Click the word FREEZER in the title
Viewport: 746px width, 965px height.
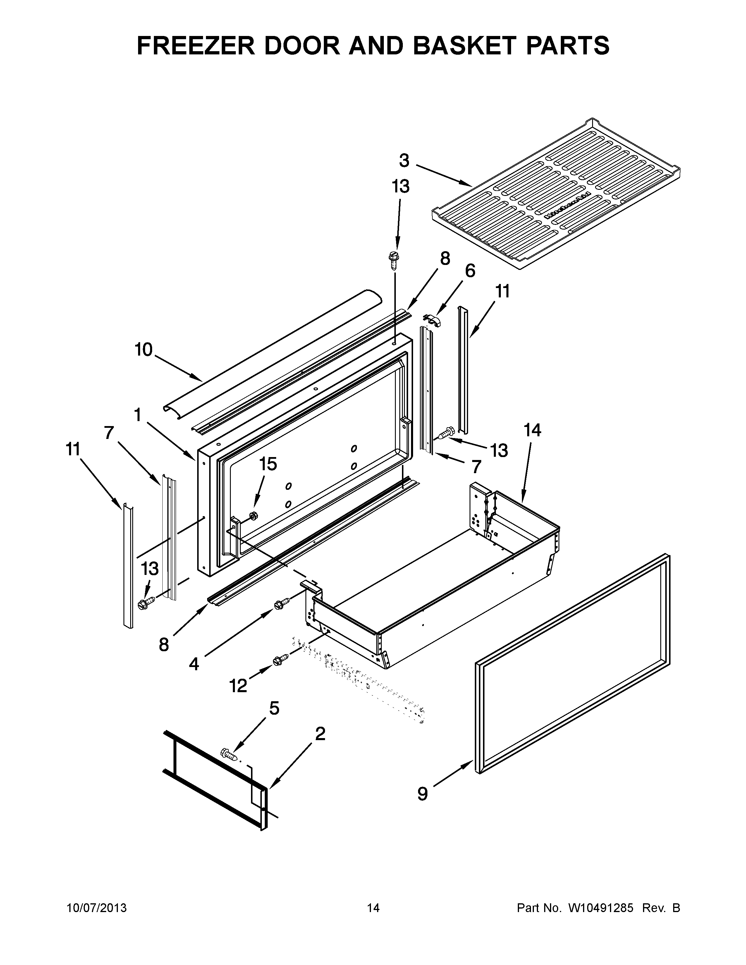(195, 46)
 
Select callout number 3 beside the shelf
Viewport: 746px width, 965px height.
(404, 161)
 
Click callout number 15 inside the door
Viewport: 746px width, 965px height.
(268, 464)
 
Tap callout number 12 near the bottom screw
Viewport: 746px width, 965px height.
(238, 685)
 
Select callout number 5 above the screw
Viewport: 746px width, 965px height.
(274, 708)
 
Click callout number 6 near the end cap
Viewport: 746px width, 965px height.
(470, 271)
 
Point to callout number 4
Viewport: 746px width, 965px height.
(194, 664)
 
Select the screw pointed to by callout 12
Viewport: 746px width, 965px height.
(279, 660)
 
